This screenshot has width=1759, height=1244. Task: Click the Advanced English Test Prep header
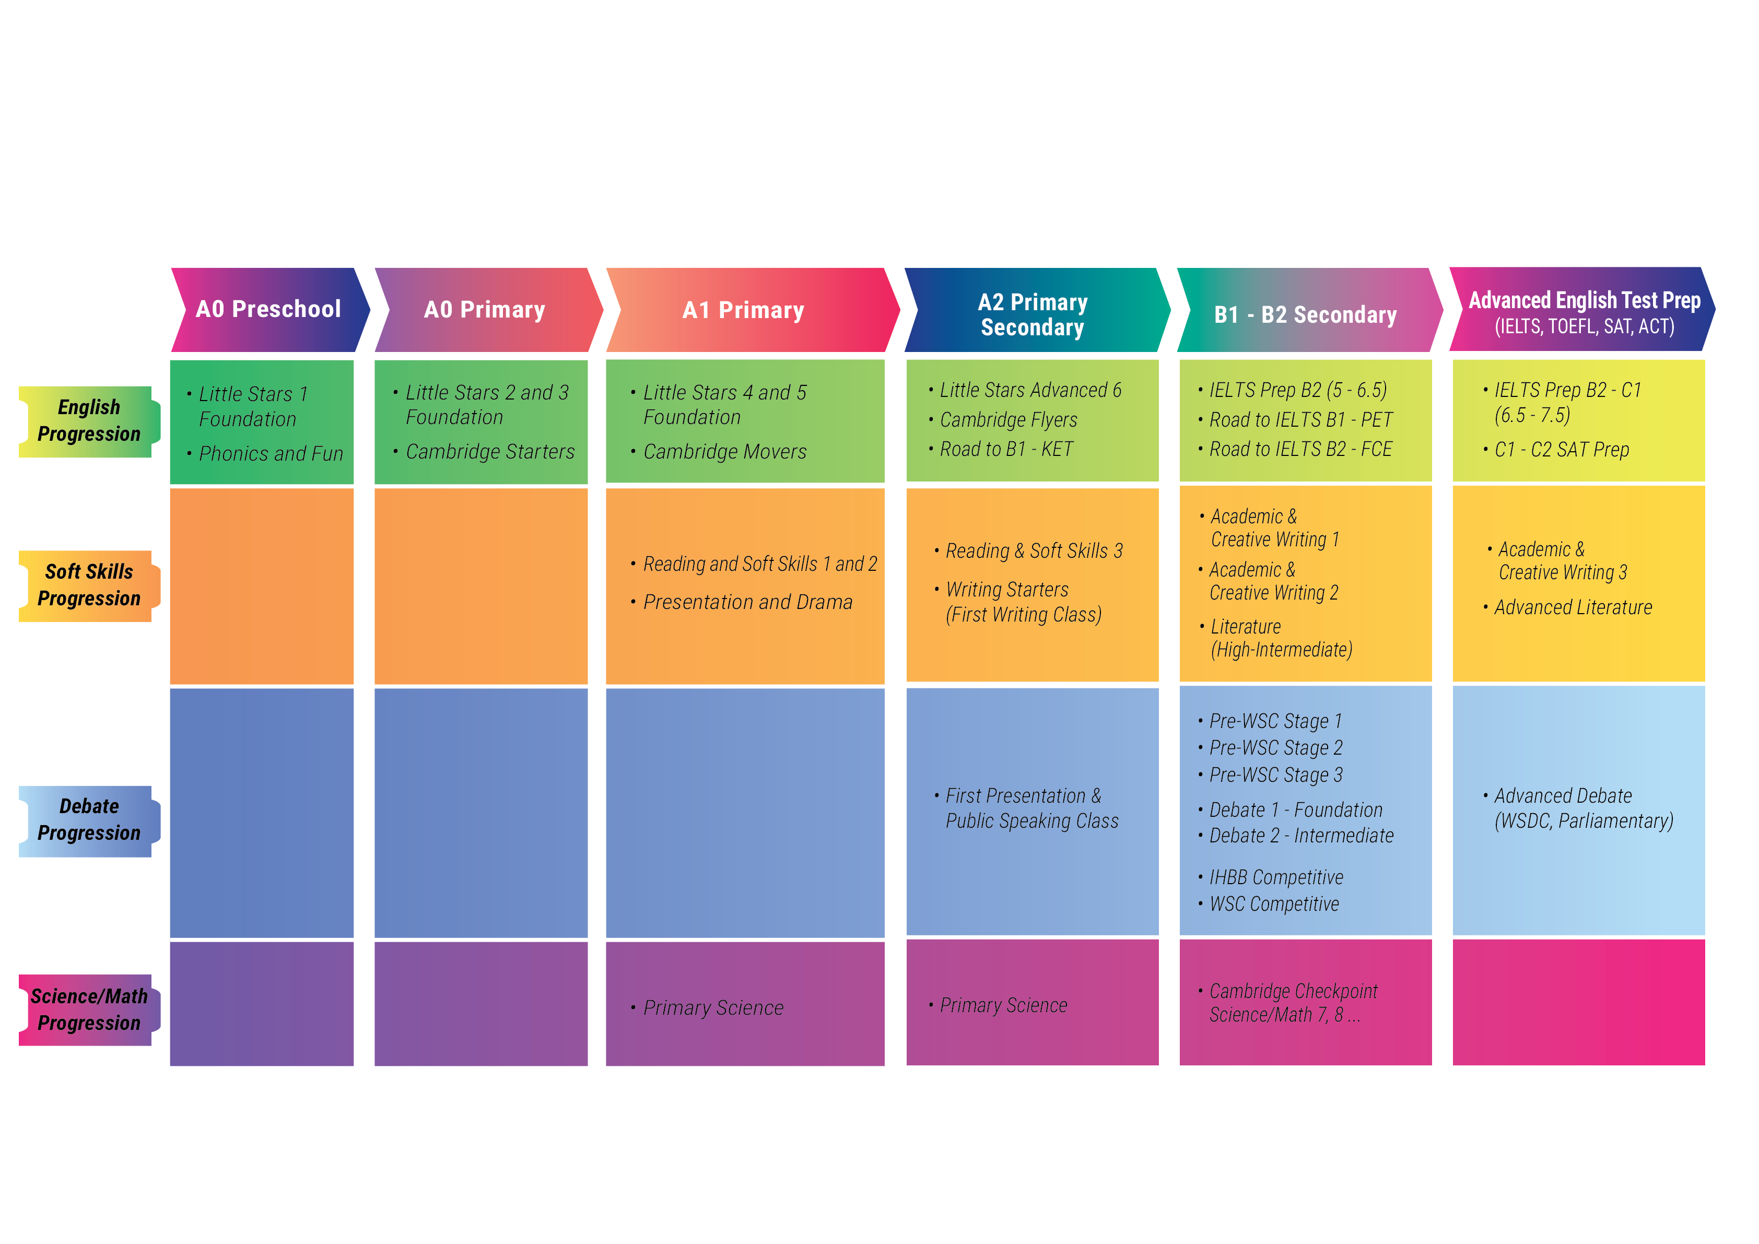click(1583, 310)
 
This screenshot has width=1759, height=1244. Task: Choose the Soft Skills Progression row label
click(89, 586)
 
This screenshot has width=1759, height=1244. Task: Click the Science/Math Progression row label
click(89, 1010)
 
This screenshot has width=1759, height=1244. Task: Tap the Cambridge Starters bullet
click(484, 452)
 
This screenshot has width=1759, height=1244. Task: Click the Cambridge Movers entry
click(719, 452)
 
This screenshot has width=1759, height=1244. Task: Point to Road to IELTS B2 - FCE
click(1295, 450)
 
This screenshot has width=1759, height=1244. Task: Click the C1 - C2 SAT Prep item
click(1556, 450)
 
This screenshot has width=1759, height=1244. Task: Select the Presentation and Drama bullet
click(742, 602)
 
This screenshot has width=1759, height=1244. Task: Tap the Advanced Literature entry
click(1567, 607)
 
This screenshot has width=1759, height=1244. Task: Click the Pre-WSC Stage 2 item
click(1270, 748)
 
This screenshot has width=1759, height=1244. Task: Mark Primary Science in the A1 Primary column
click(706, 1008)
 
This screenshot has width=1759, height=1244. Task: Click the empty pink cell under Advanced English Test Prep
click(1578, 1002)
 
